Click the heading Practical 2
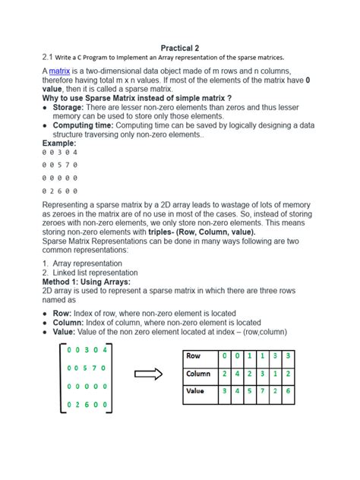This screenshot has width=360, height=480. click(179, 47)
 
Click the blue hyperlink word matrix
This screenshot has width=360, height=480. click(60, 70)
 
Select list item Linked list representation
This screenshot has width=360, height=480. click(96, 272)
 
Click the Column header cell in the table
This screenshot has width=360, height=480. click(199, 374)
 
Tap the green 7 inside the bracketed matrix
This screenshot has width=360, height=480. click(93, 368)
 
